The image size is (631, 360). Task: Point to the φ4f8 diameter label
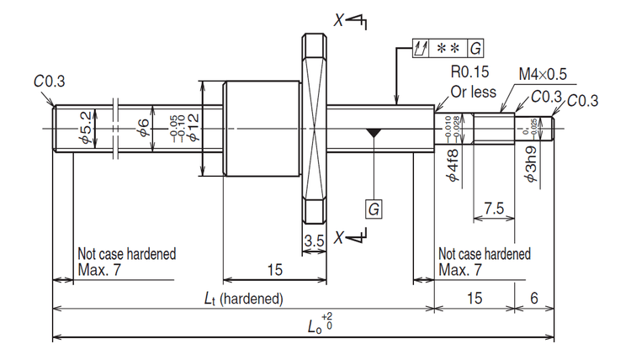[x=452, y=165]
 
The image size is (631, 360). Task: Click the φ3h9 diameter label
[x=532, y=165]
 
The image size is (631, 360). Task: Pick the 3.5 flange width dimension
[x=314, y=241]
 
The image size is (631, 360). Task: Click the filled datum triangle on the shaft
[x=372, y=133]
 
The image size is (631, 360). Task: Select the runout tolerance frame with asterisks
[x=448, y=48]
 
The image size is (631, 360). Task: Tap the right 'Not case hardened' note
[x=484, y=262]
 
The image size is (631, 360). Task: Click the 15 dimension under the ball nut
[x=274, y=268]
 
